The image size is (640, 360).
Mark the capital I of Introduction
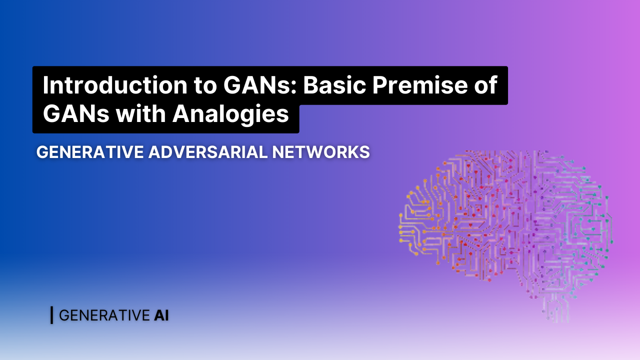click(45, 85)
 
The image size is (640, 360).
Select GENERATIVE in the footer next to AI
click(104, 315)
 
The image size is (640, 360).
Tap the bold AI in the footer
click(161, 315)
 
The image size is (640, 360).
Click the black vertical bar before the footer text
click(51, 315)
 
